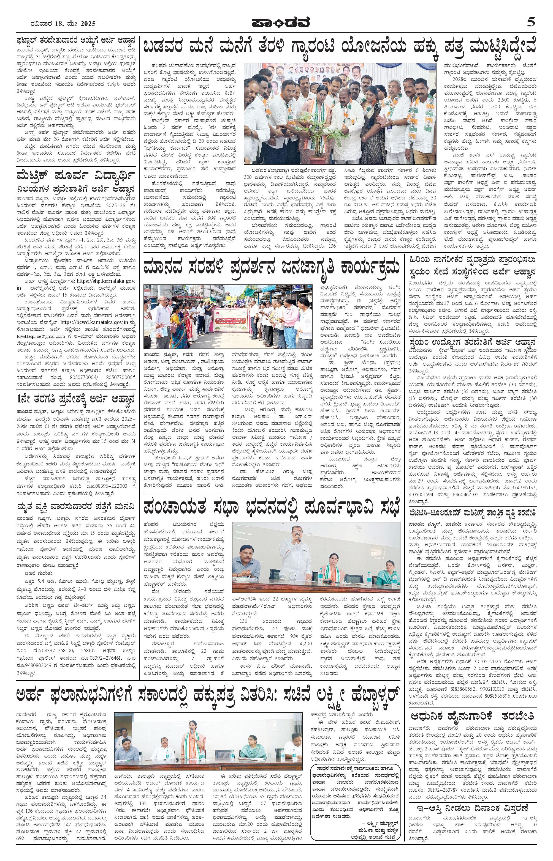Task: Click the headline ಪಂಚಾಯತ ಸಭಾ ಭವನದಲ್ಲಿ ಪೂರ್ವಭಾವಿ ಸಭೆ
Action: coord(271,508)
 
